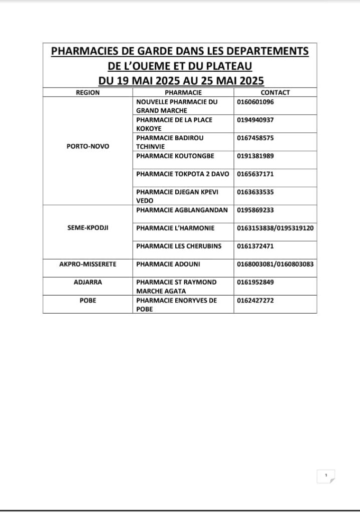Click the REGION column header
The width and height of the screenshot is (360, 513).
coord(88,92)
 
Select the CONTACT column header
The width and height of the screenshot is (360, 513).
coord(275,92)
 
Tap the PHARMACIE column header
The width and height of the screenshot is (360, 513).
coord(183,92)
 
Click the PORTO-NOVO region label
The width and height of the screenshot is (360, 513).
coord(88,146)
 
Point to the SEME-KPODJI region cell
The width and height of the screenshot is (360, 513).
coord(88,227)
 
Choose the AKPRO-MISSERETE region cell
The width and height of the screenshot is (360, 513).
coord(88,264)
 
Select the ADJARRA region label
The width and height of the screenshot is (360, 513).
coord(88,282)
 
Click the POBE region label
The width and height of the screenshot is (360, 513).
coord(88,300)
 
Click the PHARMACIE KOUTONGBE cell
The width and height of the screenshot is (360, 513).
coord(175,156)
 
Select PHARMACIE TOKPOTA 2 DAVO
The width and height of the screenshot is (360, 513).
coord(182,174)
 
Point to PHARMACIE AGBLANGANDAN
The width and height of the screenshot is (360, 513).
coord(182,210)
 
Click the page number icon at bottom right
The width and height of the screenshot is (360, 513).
coord(326,476)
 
